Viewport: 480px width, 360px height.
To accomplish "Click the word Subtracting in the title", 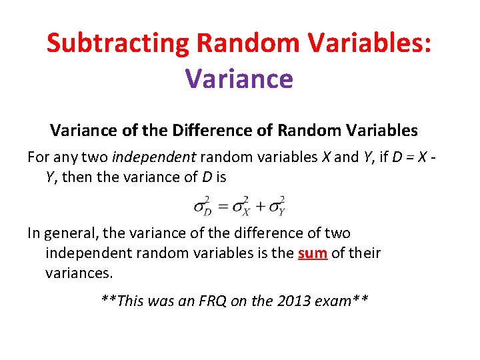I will tap(118, 43).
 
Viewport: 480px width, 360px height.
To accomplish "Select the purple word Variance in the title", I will tap(239, 78).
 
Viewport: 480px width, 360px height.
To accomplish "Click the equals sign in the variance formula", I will tap(221, 206).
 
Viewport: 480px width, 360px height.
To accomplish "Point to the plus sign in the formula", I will tap(259, 206).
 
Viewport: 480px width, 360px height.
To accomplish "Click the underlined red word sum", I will tap(313, 253).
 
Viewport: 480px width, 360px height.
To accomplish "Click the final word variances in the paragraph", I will tap(77, 273).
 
